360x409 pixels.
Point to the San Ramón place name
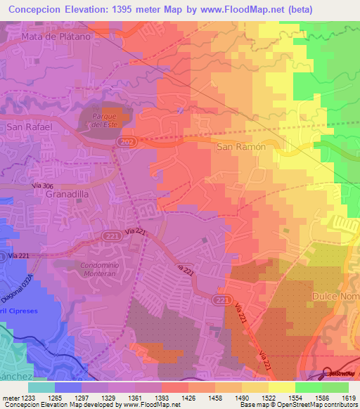click(240, 147)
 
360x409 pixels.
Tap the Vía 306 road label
click(43, 185)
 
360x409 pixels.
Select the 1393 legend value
click(162, 398)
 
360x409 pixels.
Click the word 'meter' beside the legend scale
click(10, 398)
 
